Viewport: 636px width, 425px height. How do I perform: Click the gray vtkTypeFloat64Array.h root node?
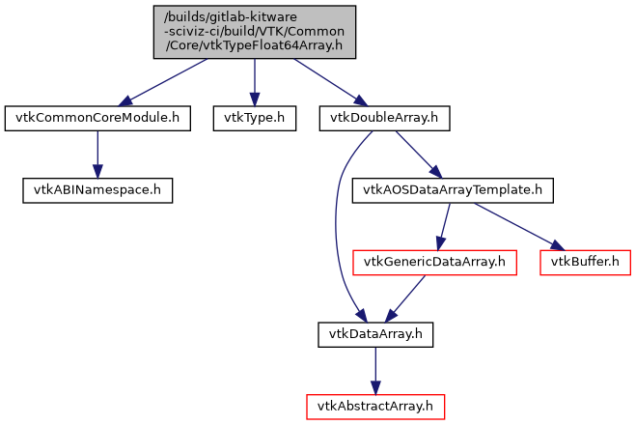pyautogui.click(x=254, y=32)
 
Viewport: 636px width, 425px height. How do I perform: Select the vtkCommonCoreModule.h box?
pyautogui.click(x=96, y=119)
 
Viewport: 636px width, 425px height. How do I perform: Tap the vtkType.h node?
pyautogui.click(x=254, y=119)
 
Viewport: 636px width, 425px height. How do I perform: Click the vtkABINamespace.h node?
pyautogui.click(x=97, y=189)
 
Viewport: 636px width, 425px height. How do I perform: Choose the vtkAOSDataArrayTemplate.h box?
pyautogui.click(x=451, y=189)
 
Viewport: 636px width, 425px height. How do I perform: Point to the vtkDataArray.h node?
pyautogui.click(x=375, y=334)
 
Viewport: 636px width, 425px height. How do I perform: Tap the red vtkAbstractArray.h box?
pyautogui.click(x=375, y=407)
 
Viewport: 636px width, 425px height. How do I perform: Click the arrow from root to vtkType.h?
pyautogui.click(x=254, y=82)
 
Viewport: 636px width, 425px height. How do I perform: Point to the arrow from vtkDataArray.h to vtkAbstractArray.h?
pyautogui.click(x=375, y=370)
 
